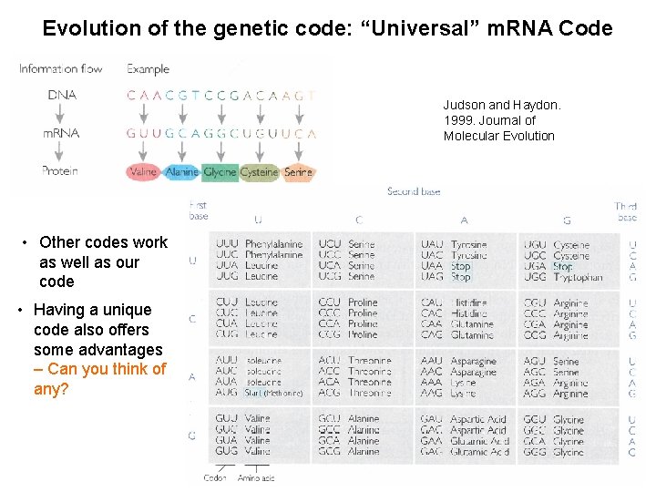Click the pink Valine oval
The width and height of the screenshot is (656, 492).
tap(144, 171)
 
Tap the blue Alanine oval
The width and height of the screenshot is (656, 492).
tap(182, 171)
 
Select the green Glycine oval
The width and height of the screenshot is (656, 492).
tap(220, 171)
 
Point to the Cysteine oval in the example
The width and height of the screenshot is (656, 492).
tap(260, 171)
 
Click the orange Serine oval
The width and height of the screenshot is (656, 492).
tap(298, 171)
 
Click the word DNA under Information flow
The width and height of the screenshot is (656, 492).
tap(62, 95)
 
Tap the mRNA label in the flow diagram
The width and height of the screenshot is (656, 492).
tap(61, 133)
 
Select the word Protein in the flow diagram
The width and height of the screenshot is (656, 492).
tap(60, 170)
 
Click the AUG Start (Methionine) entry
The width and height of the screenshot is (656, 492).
tap(260, 393)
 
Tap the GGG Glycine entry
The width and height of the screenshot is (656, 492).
tap(553, 452)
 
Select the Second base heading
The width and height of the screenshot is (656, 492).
tap(415, 191)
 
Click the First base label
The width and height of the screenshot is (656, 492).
tap(199, 210)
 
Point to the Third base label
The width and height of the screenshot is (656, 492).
tap(626, 211)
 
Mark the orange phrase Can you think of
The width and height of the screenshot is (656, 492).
tap(107, 369)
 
